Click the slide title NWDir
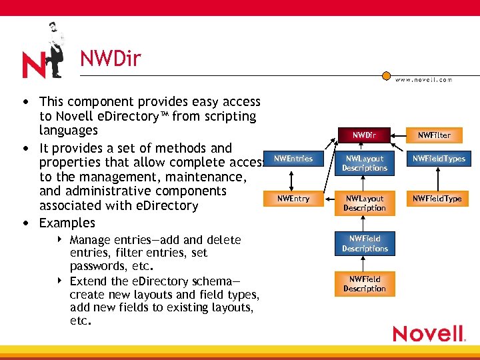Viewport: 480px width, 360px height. tap(111, 59)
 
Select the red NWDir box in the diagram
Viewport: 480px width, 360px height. tap(364, 135)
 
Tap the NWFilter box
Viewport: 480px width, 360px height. tap(434, 135)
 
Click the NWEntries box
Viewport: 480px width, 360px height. tap(293, 159)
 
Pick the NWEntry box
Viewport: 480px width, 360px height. tap(293, 199)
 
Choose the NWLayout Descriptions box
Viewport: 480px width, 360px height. tap(365, 163)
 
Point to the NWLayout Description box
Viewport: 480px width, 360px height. tap(365, 203)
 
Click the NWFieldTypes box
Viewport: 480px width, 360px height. tap(438, 159)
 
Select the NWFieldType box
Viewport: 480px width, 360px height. tap(437, 199)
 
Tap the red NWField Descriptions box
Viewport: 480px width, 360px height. tap(365, 244)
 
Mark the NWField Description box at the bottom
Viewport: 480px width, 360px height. tap(365, 284)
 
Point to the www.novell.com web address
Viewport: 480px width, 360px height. tap(423, 79)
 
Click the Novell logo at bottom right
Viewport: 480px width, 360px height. tap(429, 333)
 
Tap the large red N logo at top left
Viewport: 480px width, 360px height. tap(35, 65)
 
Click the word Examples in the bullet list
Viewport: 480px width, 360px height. tap(67, 223)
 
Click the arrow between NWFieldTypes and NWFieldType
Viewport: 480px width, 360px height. tap(437, 179)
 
